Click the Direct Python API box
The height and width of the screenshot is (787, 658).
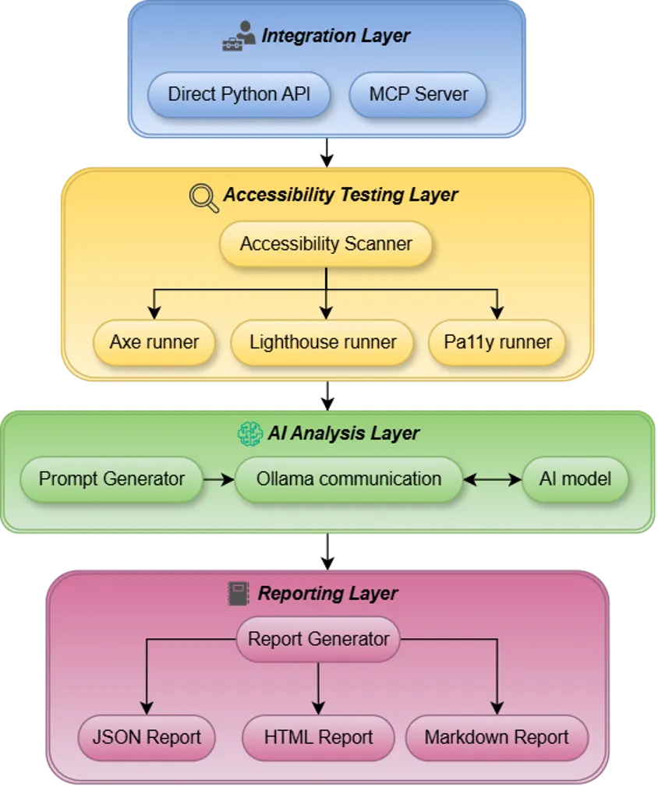coord(239,95)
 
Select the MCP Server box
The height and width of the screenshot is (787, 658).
coord(418,95)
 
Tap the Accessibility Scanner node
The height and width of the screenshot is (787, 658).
coord(326,245)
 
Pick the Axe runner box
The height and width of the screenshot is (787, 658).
coord(154,342)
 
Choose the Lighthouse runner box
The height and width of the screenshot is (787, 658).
coord(323,342)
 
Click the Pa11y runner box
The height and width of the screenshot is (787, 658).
coord(497,342)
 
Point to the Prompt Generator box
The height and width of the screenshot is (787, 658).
coord(111,478)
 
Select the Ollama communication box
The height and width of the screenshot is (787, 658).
coord(348,478)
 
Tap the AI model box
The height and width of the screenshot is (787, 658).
coord(575,478)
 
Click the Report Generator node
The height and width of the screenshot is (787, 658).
coord(318,640)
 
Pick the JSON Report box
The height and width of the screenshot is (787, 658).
coord(147,737)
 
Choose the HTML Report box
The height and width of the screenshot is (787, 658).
coord(318,737)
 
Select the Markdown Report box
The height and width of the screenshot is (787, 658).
coord(497,737)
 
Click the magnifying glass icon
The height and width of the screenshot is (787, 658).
coord(204,196)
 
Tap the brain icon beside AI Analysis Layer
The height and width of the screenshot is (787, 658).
coord(249,433)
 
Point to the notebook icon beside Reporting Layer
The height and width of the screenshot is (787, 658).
coord(237,593)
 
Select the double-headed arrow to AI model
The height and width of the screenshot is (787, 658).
coord(493,479)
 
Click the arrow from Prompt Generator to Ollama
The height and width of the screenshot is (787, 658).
coord(218,479)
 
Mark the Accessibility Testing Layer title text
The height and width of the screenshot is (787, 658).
coord(341,195)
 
